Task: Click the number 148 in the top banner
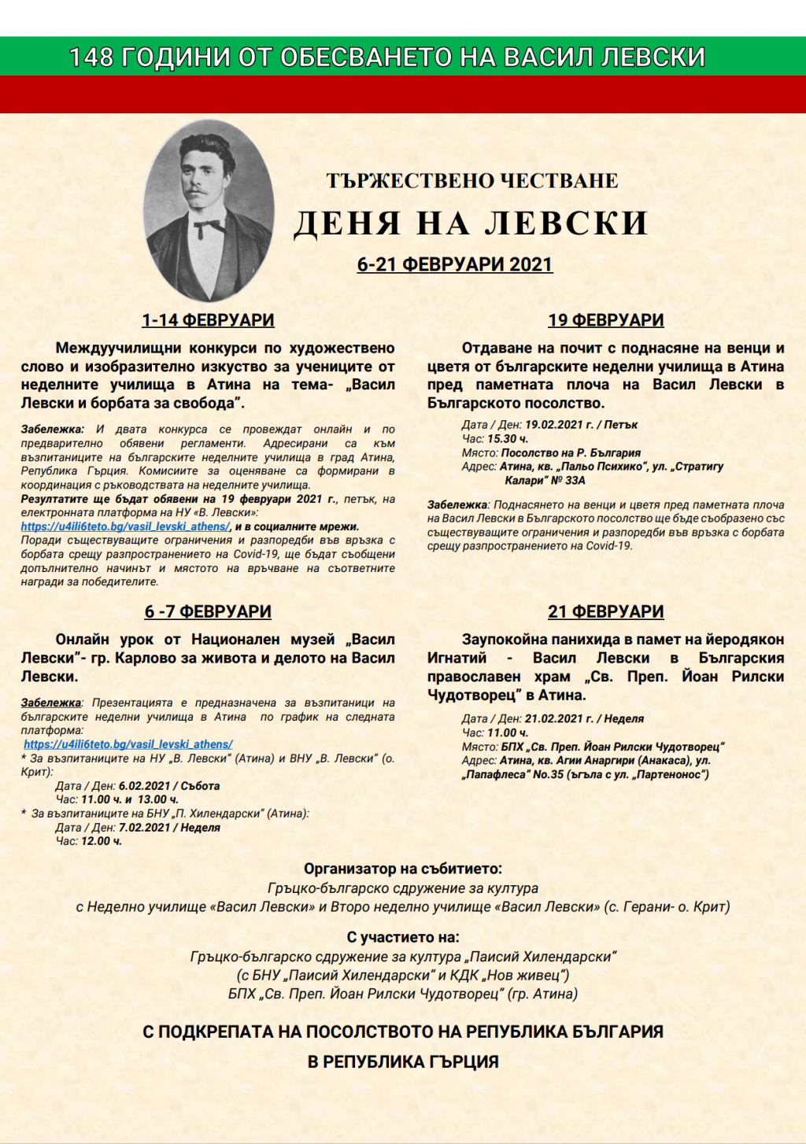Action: [x=91, y=57]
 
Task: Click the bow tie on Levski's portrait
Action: [x=209, y=227]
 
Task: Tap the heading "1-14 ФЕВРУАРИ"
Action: [x=208, y=320]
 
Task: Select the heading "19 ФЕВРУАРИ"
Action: [x=605, y=320]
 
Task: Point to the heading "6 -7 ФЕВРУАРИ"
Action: [x=208, y=611]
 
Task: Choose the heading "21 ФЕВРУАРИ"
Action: [x=605, y=611]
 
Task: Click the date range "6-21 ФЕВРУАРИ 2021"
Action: [x=455, y=264]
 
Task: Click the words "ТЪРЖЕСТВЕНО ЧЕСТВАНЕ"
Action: [x=472, y=181]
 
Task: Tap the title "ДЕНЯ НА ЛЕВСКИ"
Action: [x=471, y=223]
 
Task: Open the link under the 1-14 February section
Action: [x=126, y=527]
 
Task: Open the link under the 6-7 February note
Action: [x=128, y=744]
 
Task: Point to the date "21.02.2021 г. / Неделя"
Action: [x=584, y=718]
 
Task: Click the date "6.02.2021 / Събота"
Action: [x=169, y=786]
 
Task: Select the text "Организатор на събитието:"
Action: [x=403, y=869]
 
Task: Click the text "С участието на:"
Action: [x=403, y=938]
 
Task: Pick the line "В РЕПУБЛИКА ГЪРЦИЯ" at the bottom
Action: [x=403, y=1061]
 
